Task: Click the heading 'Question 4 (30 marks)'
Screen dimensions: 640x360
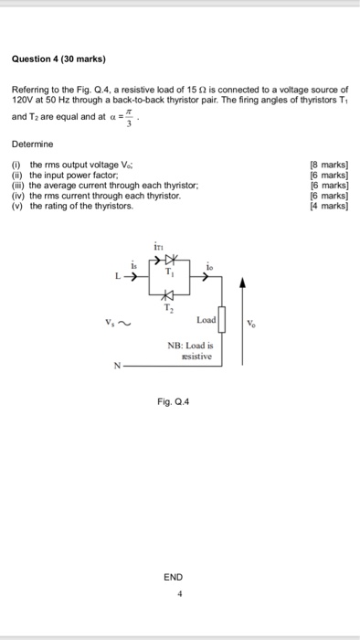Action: pyautogui.click(x=59, y=59)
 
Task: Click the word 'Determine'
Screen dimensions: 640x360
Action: pyautogui.click(x=33, y=144)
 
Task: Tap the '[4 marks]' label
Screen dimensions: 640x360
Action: pyautogui.click(x=329, y=206)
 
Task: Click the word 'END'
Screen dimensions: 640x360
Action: pyautogui.click(x=174, y=577)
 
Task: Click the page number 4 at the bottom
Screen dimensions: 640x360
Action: pyautogui.click(x=180, y=592)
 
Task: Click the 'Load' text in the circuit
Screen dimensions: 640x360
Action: pyautogui.click(x=206, y=321)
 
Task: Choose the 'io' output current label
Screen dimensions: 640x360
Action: pyautogui.click(x=209, y=266)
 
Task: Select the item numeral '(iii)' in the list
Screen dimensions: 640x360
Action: pyautogui.click(x=20, y=185)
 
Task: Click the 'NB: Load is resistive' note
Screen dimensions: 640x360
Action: pyautogui.click(x=189, y=351)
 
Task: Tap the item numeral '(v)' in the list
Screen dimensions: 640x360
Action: pyautogui.click(x=18, y=206)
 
